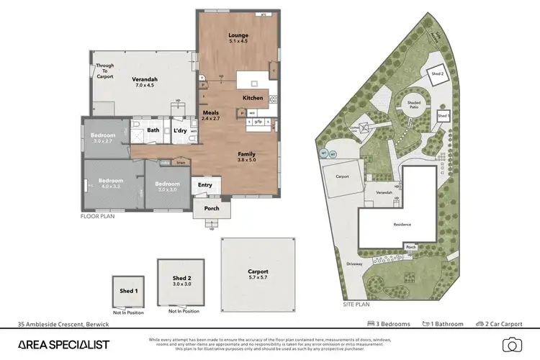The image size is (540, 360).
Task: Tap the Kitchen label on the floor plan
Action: coord(253,97)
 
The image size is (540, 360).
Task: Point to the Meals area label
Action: coord(210,113)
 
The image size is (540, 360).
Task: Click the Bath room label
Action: coord(153,130)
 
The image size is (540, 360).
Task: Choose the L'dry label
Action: coord(180,130)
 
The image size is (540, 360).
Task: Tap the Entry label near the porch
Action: coord(205,185)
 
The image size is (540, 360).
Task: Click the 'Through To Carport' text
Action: coord(105,71)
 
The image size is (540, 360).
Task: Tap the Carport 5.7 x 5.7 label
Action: coord(257,274)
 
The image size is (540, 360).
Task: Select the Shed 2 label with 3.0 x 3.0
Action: coord(182,282)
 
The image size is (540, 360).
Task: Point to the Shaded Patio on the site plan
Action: coord(414,106)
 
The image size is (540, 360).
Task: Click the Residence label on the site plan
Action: coord(402,225)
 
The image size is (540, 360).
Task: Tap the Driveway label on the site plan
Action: coord(356,264)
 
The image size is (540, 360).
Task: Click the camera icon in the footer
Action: coord(511,344)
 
